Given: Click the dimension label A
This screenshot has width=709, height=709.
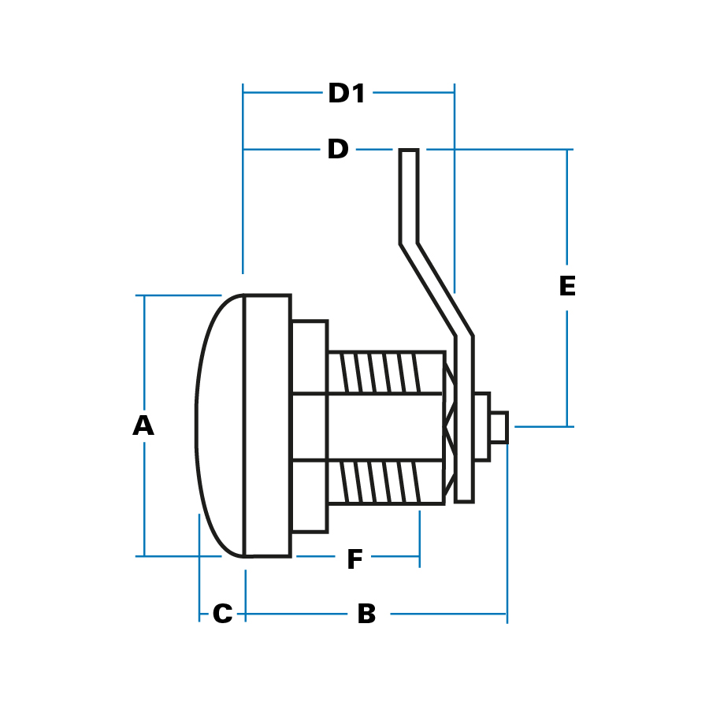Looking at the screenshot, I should (x=143, y=425).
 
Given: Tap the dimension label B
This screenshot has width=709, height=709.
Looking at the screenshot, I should (x=366, y=614).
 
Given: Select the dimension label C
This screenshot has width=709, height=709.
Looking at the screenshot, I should (x=223, y=614).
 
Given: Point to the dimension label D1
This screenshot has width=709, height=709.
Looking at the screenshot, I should (x=347, y=94).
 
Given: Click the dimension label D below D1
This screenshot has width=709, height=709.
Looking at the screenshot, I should (x=338, y=149).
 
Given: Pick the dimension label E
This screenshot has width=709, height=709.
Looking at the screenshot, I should (x=567, y=287).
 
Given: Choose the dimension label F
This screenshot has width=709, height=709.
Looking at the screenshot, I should (x=354, y=560).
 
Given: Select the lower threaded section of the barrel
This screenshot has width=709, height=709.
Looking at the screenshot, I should (x=384, y=481).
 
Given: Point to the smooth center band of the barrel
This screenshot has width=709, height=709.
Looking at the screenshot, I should (x=370, y=427).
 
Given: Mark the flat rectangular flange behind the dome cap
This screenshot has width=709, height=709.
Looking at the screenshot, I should (x=268, y=425).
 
